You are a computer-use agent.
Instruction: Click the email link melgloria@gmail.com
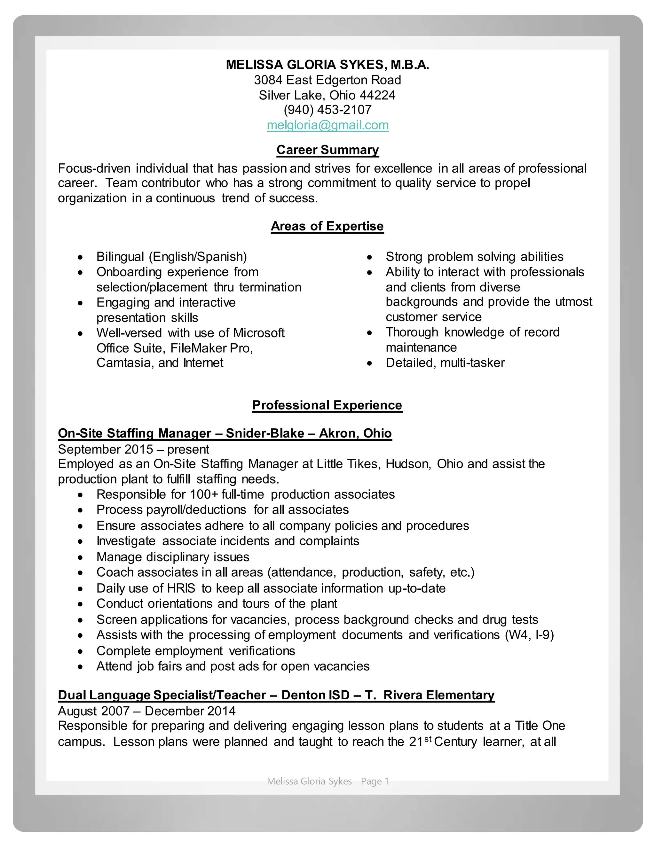tap(327, 125)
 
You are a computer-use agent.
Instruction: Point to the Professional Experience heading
tap(327, 405)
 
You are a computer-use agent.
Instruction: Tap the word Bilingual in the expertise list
tap(121, 257)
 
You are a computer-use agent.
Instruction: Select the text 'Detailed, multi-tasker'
tap(445, 363)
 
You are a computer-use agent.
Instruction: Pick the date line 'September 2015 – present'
tap(133, 449)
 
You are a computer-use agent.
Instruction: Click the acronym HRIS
tap(181, 588)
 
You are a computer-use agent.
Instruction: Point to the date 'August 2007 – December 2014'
tap(147, 711)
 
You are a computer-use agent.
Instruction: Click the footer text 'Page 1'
tap(375, 781)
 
